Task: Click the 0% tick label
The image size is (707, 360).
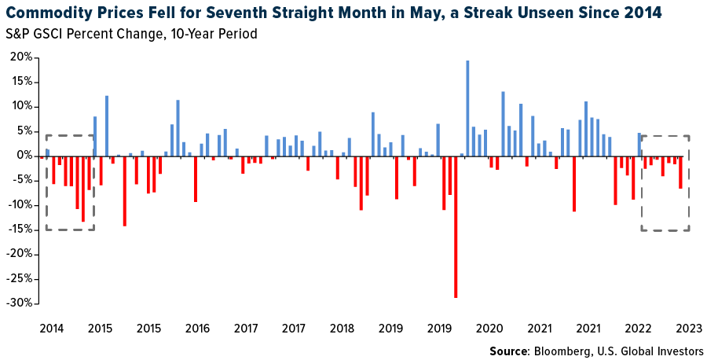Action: pyautogui.click(x=25, y=156)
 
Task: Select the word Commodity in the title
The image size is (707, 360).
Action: pyautogui.click(x=46, y=13)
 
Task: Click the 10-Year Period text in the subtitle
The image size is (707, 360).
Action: pyautogui.click(x=211, y=35)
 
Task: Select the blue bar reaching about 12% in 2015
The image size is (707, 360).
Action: pyautogui.click(x=107, y=126)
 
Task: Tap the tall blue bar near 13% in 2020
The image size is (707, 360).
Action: pyautogui.click(x=503, y=123)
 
